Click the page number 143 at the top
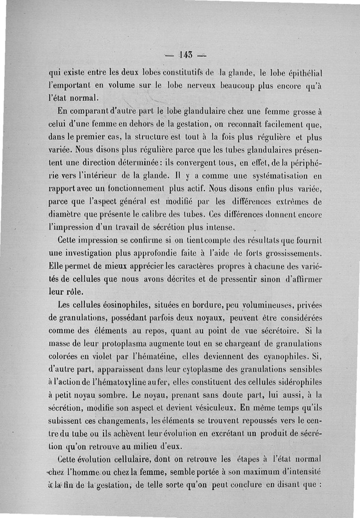pyautogui.click(x=186, y=56)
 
